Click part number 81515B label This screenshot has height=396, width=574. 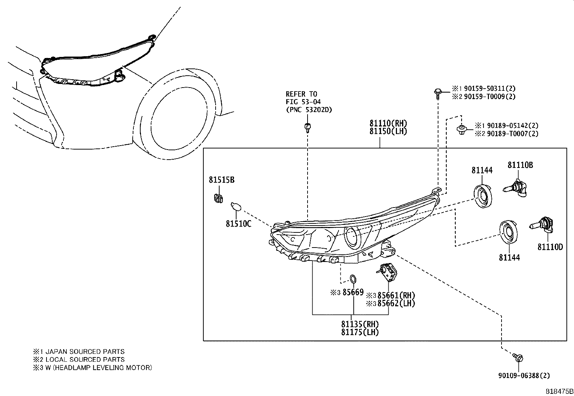(x=221, y=179)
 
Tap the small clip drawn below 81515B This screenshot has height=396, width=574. (x=217, y=198)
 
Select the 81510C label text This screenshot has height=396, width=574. (x=238, y=224)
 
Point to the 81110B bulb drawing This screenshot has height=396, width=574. (x=516, y=188)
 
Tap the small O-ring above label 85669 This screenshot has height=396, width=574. (x=353, y=279)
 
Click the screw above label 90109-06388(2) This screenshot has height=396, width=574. (x=518, y=358)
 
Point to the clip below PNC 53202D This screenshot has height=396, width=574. (x=307, y=127)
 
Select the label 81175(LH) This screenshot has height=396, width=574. (x=360, y=332)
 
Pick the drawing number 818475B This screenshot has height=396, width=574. (x=558, y=391)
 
